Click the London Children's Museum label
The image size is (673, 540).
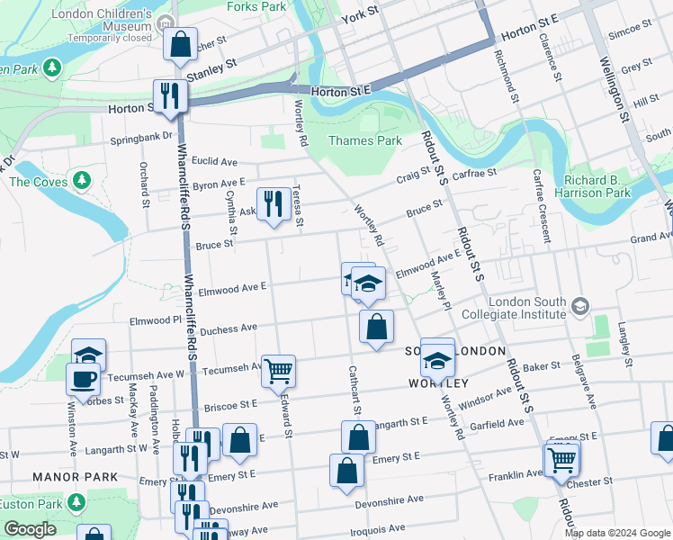pos(102,14)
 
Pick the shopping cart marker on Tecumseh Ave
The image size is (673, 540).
pos(278,368)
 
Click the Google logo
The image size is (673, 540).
pos(31,529)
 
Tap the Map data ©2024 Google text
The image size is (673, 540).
pos(616,533)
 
